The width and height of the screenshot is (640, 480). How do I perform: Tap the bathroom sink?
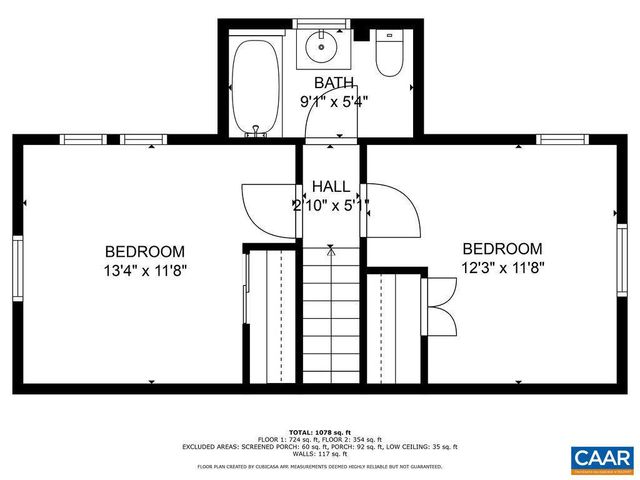tap(323, 45)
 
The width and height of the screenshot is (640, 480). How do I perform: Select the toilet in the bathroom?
tap(388, 54)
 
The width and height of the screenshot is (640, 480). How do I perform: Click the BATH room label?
tap(334, 82)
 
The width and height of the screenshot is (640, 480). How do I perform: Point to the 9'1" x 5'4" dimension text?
tap(334, 100)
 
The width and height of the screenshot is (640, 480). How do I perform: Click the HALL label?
tap(331, 187)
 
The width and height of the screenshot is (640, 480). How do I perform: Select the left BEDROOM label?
tap(145, 251)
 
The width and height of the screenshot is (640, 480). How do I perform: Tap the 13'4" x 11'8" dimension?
tap(145, 269)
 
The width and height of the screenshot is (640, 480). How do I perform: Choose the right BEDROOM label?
tap(502, 249)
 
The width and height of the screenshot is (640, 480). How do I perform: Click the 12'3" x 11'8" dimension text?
tap(502, 267)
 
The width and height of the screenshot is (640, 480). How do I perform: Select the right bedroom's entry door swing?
tap(393, 210)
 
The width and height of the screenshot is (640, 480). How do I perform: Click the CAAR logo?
tap(602, 458)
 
